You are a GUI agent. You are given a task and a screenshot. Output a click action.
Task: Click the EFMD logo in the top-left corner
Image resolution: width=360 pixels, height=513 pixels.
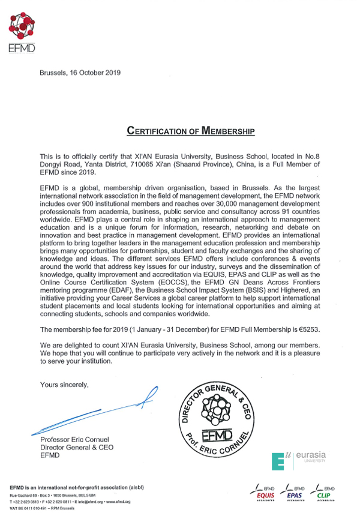[x=20, y=32]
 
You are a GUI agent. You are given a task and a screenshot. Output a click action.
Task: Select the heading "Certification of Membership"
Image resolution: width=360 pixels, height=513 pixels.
[x=191, y=130]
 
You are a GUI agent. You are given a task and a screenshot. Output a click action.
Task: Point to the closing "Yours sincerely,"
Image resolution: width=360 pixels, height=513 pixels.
[x=64, y=383]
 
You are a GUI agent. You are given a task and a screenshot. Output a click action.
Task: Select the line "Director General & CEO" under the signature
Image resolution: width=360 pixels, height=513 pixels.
[x=76, y=448]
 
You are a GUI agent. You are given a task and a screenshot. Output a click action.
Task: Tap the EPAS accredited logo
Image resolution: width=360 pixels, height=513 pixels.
[x=295, y=492]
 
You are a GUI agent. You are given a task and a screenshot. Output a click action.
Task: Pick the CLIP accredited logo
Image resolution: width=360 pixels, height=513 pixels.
[x=325, y=492]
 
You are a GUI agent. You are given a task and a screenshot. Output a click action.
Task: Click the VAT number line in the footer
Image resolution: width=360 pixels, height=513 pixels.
[x=44, y=508]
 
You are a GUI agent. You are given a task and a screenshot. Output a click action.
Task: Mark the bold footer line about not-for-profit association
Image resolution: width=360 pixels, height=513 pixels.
[x=76, y=487]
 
